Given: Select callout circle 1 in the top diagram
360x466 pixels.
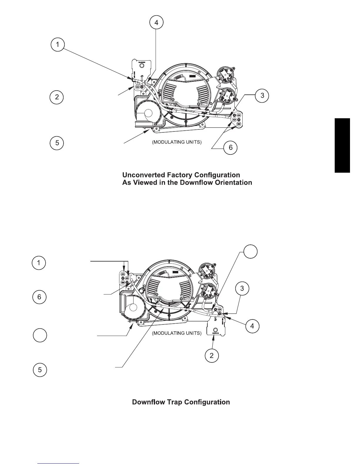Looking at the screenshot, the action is pyautogui.click(x=57, y=45).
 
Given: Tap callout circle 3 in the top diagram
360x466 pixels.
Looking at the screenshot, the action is pyautogui.click(x=262, y=95).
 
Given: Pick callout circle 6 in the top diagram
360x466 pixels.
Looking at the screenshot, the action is pyautogui.click(x=230, y=147).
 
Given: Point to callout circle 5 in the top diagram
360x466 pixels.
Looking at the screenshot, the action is pyautogui.click(x=57, y=143).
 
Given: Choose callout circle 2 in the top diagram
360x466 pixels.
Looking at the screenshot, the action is pyautogui.click(x=57, y=97).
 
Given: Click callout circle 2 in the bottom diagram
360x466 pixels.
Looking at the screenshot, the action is pyautogui.click(x=211, y=355).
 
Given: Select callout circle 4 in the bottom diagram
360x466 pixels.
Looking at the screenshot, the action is pyautogui.click(x=252, y=326).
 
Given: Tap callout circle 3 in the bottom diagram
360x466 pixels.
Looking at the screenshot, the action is pyautogui.click(x=242, y=288).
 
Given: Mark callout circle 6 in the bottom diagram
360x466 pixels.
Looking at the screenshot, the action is pyautogui.click(x=39, y=297).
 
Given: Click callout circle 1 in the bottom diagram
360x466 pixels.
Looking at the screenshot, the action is pyautogui.click(x=39, y=263).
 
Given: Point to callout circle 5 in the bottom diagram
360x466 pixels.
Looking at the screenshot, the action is pyautogui.click(x=40, y=370).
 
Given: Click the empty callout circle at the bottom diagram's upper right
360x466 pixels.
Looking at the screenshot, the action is pyautogui.click(x=250, y=252).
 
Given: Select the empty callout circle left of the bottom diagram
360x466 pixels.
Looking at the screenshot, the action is pyautogui.click(x=39, y=335).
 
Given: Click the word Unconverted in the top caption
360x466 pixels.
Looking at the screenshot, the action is pyautogui.click(x=143, y=175).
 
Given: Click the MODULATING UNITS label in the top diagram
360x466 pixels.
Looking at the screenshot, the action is pyautogui.click(x=176, y=142).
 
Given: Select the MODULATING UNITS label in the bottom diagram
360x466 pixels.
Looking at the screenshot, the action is pyautogui.click(x=176, y=333).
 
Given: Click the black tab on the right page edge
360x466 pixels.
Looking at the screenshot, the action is pyautogui.click(x=342, y=145).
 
